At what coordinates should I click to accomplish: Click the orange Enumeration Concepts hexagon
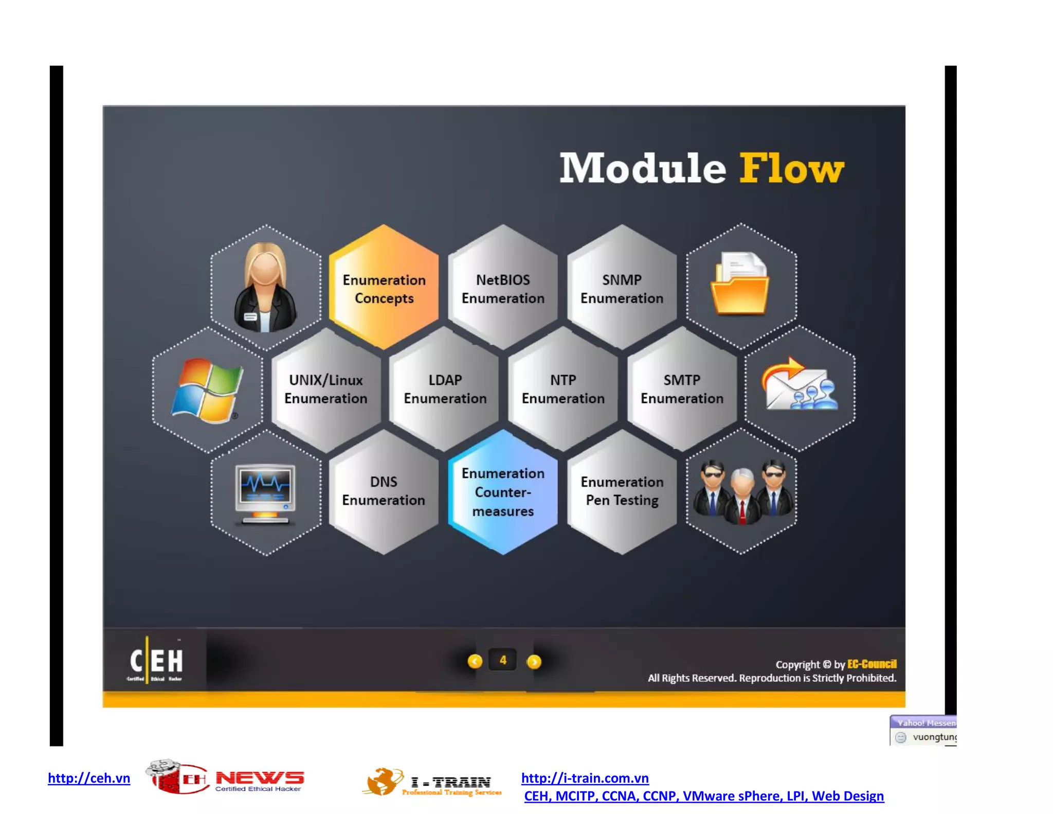384,288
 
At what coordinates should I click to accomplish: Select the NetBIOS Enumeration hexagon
503,288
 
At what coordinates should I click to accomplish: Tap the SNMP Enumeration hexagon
622,288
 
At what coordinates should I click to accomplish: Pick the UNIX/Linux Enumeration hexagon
326,389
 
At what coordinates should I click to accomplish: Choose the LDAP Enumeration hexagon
445,389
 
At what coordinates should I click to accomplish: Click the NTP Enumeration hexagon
563,389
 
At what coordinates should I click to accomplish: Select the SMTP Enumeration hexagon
682,389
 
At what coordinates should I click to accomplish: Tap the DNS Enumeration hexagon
384,491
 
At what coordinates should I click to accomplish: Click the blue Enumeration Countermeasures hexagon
503,492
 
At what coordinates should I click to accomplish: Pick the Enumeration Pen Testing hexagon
622,491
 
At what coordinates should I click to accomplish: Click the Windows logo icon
207,390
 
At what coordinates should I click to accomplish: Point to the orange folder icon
740,285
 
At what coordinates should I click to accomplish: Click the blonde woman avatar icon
265,288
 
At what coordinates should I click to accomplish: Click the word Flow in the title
791,168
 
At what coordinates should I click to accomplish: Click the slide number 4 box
503,660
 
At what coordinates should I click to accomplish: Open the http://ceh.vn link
89,778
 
